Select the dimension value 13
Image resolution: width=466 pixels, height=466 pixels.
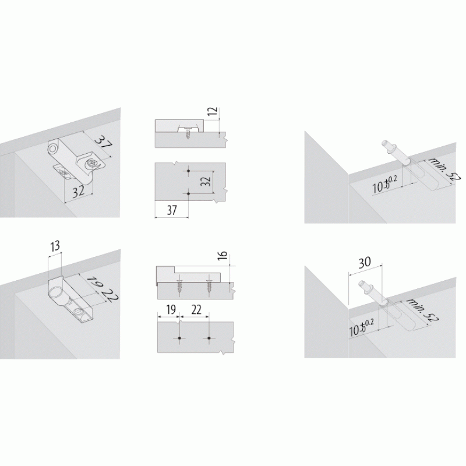[x=55, y=246]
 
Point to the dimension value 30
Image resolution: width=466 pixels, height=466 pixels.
[x=365, y=263]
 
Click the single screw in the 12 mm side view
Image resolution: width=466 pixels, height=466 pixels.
[x=188, y=133]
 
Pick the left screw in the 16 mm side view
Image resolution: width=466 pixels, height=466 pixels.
[x=179, y=288]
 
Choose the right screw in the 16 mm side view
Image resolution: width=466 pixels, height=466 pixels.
[x=210, y=288]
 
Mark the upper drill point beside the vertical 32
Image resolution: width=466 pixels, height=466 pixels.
[x=188, y=171]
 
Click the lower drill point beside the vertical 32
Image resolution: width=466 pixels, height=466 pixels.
[x=188, y=194]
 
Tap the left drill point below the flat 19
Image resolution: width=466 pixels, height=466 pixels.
[x=179, y=338]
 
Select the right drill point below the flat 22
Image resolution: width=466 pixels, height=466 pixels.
[x=209, y=338]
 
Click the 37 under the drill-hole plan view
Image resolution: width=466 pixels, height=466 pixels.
[x=172, y=210]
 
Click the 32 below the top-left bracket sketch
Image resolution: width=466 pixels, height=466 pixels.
[x=79, y=192]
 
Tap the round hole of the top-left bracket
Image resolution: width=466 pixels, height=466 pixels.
[x=53, y=149]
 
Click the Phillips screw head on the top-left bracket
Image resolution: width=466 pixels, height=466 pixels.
[x=93, y=163]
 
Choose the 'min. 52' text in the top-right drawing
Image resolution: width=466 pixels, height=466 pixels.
[x=444, y=169]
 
